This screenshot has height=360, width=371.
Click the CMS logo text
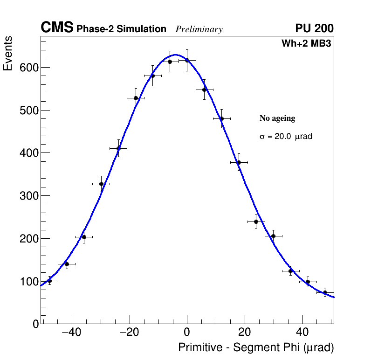(57, 28)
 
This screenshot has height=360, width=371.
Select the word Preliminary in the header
(199, 29)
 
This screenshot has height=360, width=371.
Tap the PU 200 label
(314, 28)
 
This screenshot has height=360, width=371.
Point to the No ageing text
(277, 118)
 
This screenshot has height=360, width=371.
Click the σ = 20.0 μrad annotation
(285, 137)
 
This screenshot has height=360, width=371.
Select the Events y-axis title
(8, 54)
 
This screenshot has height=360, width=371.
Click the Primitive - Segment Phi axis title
(256, 348)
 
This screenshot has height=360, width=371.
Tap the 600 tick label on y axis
(29, 68)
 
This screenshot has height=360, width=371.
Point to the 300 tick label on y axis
(29, 196)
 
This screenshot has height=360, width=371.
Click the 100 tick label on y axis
(29, 281)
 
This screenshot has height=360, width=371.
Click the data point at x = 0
(187, 60)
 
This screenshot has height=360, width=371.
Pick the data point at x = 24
(256, 222)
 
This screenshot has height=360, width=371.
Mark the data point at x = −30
(101, 184)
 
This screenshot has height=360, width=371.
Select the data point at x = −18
(136, 98)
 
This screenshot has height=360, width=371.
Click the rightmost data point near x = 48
(325, 292)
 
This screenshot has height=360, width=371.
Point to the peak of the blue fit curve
(175, 55)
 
